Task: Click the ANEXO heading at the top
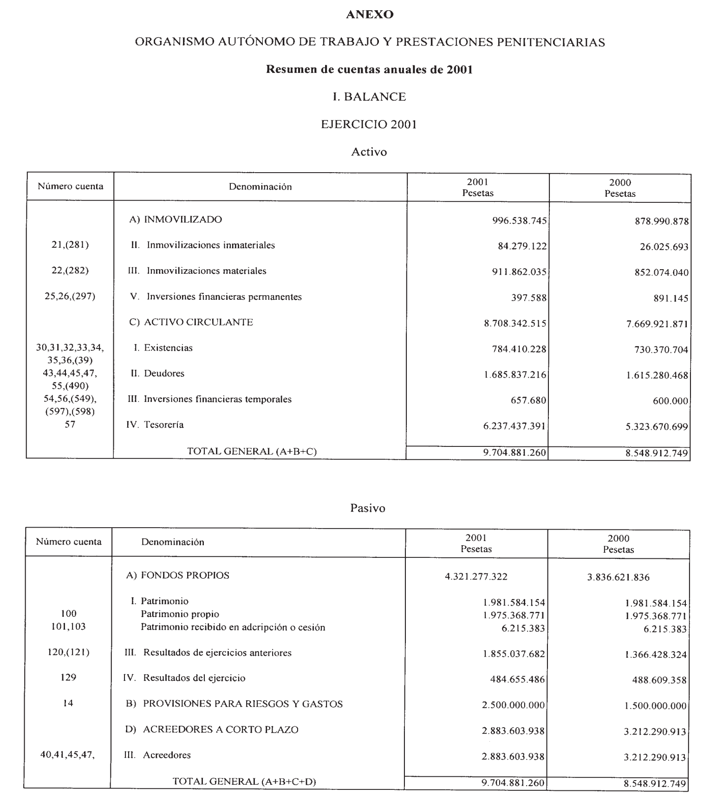coord(370,15)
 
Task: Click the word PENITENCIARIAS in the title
coord(551,43)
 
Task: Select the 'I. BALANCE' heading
coord(370,97)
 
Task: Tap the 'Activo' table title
coord(369,152)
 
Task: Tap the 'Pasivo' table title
coord(368,508)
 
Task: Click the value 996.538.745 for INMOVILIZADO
coord(519,220)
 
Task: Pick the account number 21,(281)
coord(70,245)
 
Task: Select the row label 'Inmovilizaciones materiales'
coord(206,271)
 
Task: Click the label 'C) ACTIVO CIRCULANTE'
coord(191,322)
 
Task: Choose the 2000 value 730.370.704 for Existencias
coord(661,350)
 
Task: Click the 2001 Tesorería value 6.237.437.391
coord(515,426)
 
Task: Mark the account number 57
coord(70,424)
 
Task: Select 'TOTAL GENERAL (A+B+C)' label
coord(252,451)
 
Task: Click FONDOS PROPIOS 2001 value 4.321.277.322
coord(476,577)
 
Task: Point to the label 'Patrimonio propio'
coord(180,614)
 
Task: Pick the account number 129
coord(68,678)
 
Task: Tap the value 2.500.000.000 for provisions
coord(513,705)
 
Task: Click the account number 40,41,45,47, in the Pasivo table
coord(68,755)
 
